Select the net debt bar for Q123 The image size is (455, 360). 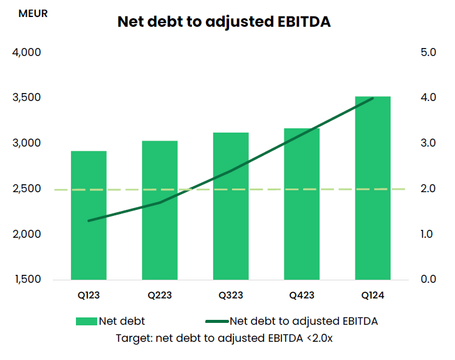tap(89, 215)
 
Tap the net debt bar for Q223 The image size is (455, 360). tap(160, 210)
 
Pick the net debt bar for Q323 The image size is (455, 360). tap(231, 206)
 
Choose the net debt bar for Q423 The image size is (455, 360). tap(302, 204)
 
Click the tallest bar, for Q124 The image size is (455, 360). tap(373, 188)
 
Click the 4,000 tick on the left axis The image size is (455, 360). tap(27, 52)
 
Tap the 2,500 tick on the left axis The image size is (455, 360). tap(27, 189)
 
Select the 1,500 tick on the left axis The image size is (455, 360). tap(27, 280)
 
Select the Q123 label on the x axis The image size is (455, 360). tap(89, 296)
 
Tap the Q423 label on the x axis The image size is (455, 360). tap(302, 296)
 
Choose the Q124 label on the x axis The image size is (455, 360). tap(373, 296)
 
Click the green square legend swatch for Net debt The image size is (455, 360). tap(86, 321)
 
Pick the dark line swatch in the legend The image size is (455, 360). tap(217, 321)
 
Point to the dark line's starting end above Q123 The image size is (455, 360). tap(89, 221)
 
